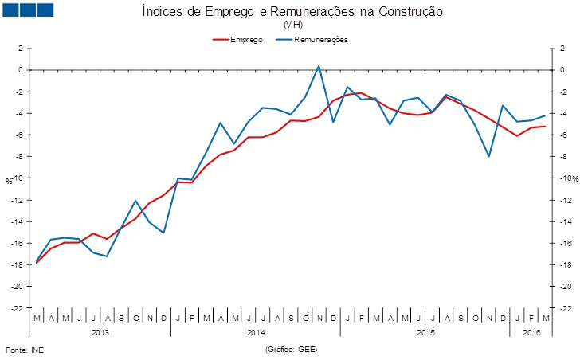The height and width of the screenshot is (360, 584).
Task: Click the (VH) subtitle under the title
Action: coord(292,25)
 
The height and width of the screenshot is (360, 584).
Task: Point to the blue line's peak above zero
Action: coord(319,66)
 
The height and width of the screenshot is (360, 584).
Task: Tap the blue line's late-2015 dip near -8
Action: coord(488,156)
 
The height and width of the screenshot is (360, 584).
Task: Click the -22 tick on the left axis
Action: coord(17,307)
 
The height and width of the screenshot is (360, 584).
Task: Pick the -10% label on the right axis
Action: coord(567,178)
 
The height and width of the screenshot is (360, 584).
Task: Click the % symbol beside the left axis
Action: coord(9,181)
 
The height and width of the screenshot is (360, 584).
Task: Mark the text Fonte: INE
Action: coord(23,349)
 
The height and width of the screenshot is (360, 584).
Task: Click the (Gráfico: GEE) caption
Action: coord(290,349)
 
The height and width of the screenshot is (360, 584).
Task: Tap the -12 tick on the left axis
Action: coord(17,200)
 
